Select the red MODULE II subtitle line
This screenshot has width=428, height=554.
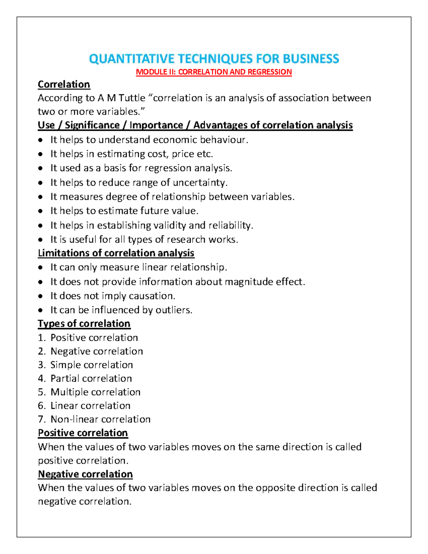214,72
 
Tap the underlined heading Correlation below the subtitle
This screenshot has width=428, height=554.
64,85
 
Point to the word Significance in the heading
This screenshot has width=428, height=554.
92,125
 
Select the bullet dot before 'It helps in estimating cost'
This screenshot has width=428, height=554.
41,154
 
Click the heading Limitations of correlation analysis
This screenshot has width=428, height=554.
116,253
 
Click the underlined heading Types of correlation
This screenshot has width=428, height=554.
84,324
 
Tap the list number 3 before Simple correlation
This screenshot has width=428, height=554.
41,365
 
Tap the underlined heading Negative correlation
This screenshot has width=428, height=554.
85,474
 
